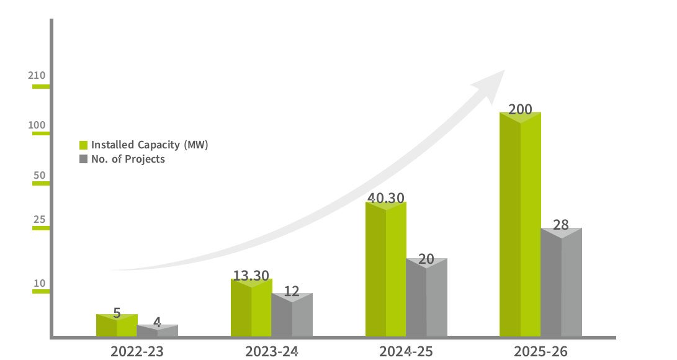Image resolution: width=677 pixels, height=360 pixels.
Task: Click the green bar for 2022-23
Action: click(117, 326)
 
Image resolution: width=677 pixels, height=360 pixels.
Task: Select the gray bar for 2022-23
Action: click(157, 331)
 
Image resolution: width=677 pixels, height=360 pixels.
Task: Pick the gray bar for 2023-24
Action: click(292, 317)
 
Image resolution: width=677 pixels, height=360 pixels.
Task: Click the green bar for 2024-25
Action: click(385, 270)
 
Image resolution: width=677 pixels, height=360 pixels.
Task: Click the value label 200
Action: click(520, 110)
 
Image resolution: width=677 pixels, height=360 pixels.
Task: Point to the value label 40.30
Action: click(385, 198)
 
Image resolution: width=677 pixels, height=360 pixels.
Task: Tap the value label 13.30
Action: click(251, 275)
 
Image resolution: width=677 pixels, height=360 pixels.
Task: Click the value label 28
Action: click(561, 225)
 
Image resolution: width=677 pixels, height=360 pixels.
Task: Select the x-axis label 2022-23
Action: click(137, 351)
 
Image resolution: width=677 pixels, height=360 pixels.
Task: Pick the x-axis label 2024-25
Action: click(406, 351)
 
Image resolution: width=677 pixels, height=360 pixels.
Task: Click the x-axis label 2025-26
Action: click(540, 351)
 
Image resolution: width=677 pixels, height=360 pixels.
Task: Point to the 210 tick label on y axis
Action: click(37, 76)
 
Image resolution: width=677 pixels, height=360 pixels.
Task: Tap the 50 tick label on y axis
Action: click(40, 175)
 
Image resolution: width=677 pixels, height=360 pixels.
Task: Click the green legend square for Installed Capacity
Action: click(83, 145)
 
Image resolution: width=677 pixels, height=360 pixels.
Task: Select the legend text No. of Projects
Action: click(128, 159)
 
